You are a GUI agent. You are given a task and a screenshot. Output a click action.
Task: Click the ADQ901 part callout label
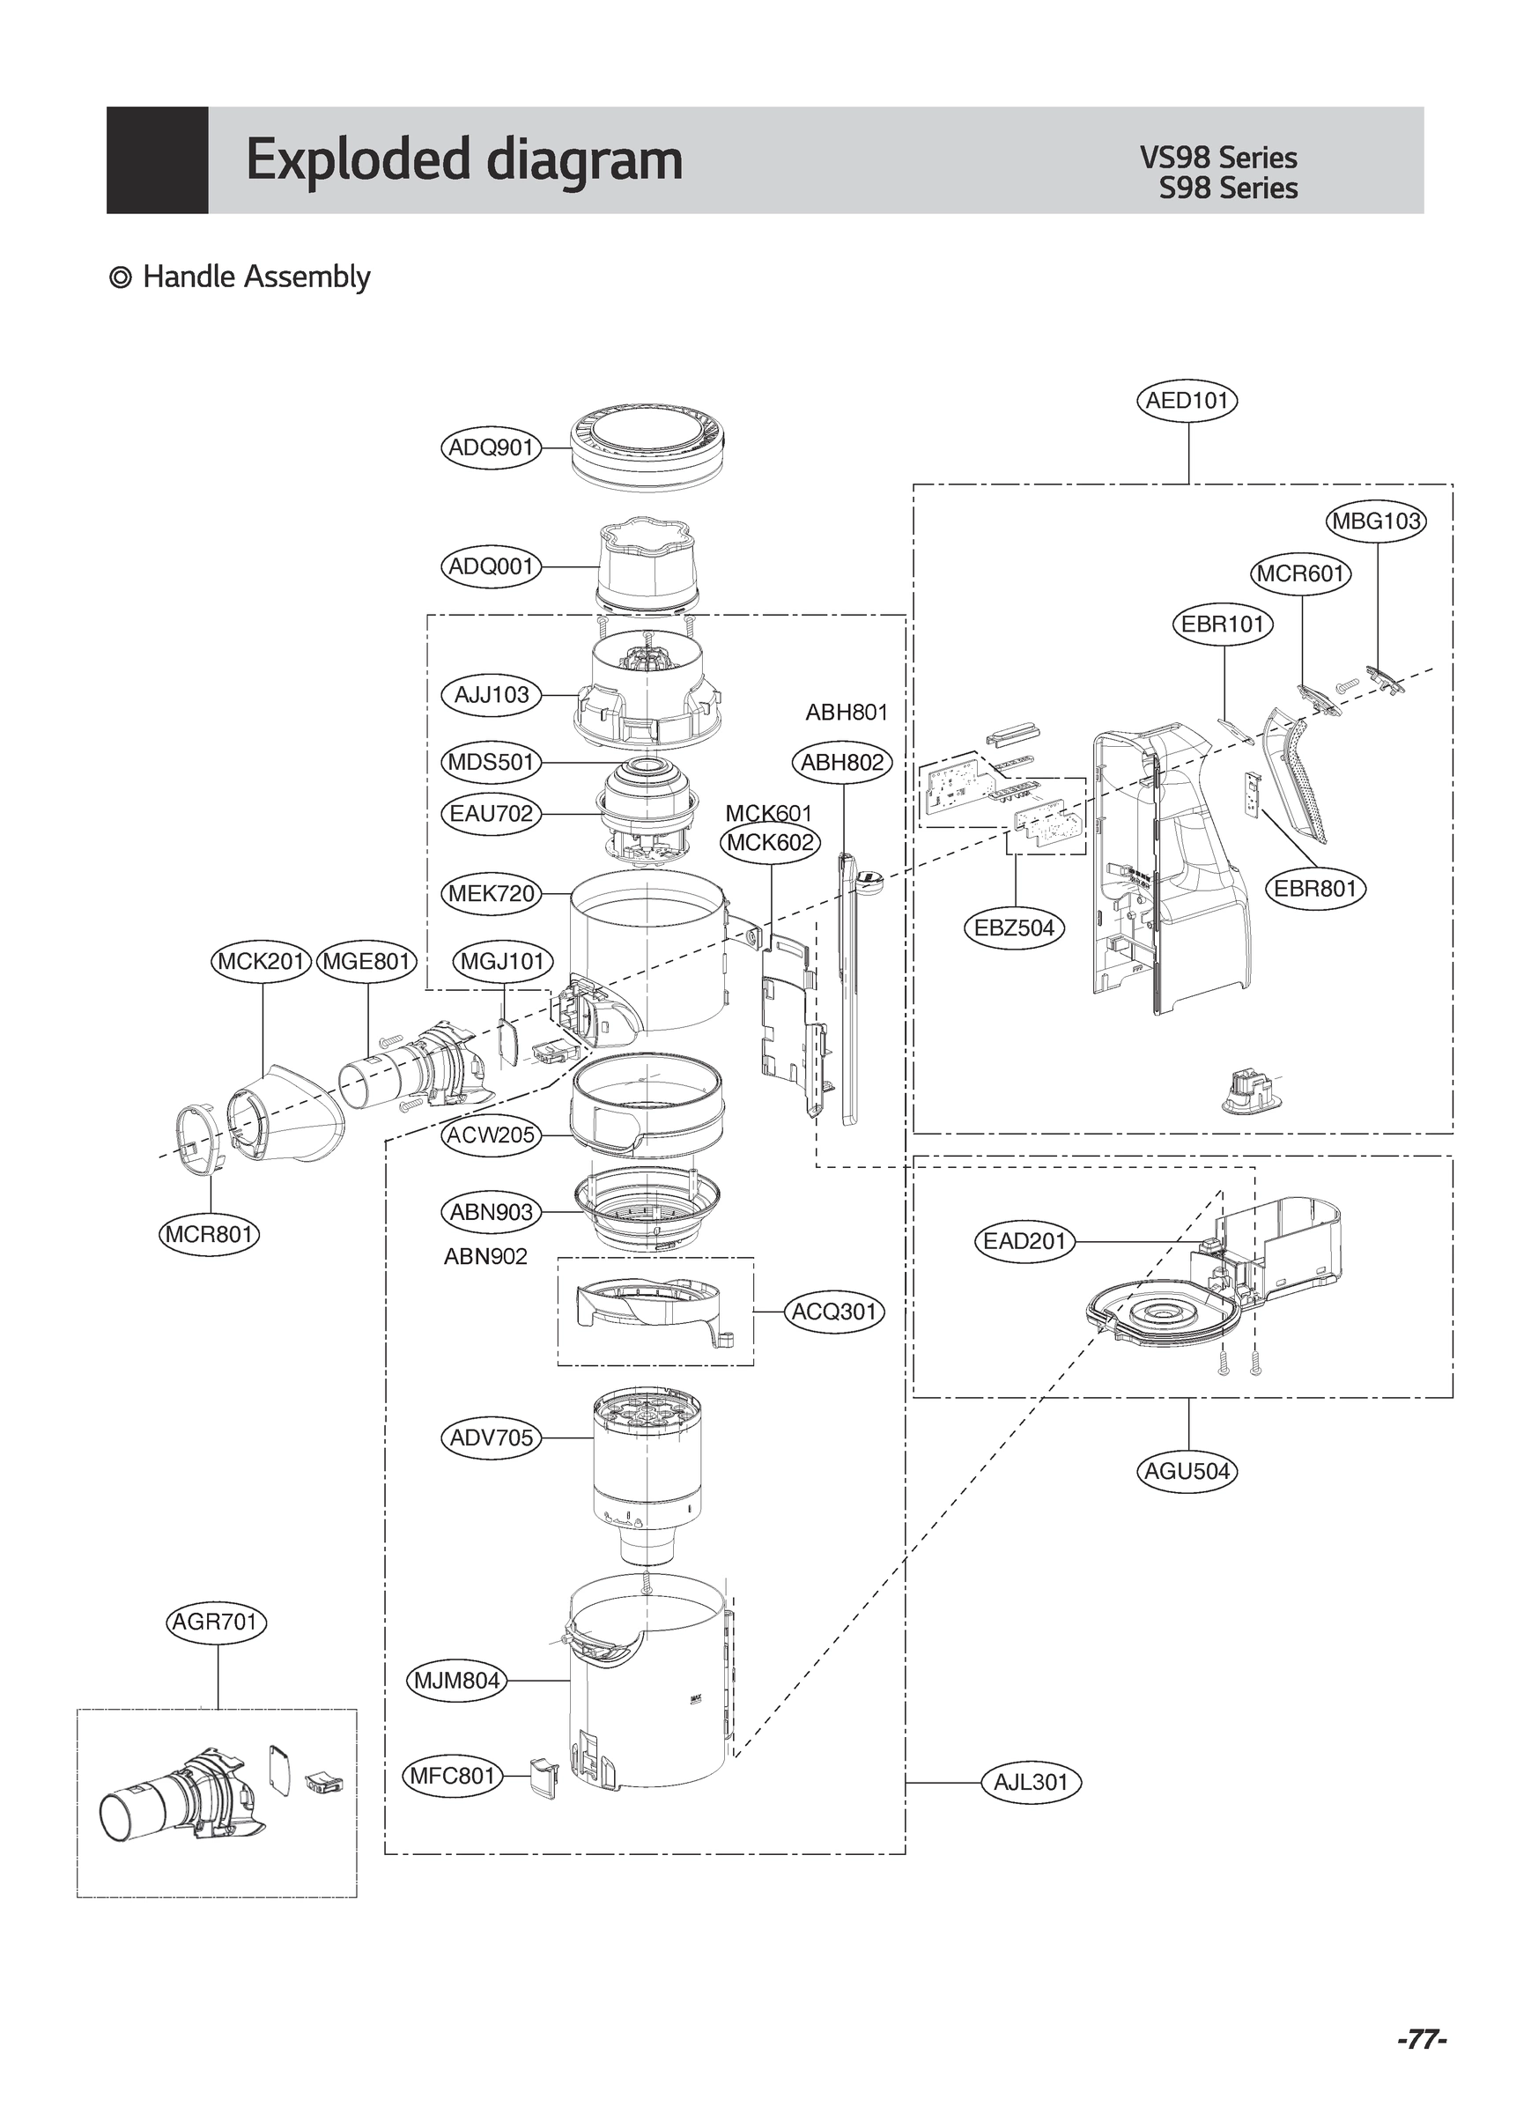point(491,447)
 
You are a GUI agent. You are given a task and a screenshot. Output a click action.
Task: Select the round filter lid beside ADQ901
point(648,447)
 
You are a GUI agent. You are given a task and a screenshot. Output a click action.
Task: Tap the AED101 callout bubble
point(1187,401)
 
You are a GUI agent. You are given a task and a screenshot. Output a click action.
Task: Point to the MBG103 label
point(1375,521)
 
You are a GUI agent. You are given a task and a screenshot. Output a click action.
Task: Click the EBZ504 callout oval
point(1014,928)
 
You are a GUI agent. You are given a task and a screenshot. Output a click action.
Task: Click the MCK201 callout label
point(261,961)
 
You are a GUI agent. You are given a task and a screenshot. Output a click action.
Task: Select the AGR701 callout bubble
point(218,1622)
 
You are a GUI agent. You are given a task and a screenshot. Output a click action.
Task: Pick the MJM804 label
point(457,1681)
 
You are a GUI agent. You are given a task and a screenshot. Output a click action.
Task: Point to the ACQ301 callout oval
point(834,1312)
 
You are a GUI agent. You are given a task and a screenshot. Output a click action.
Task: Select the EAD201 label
point(1024,1242)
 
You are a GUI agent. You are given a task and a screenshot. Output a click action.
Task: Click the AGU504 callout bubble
point(1187,1471)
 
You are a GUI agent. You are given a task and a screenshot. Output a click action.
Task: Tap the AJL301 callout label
point(1031,1782)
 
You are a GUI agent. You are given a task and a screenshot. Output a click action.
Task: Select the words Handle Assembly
point(255,277)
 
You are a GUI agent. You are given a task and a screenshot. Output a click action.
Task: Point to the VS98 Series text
point(1217,158)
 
